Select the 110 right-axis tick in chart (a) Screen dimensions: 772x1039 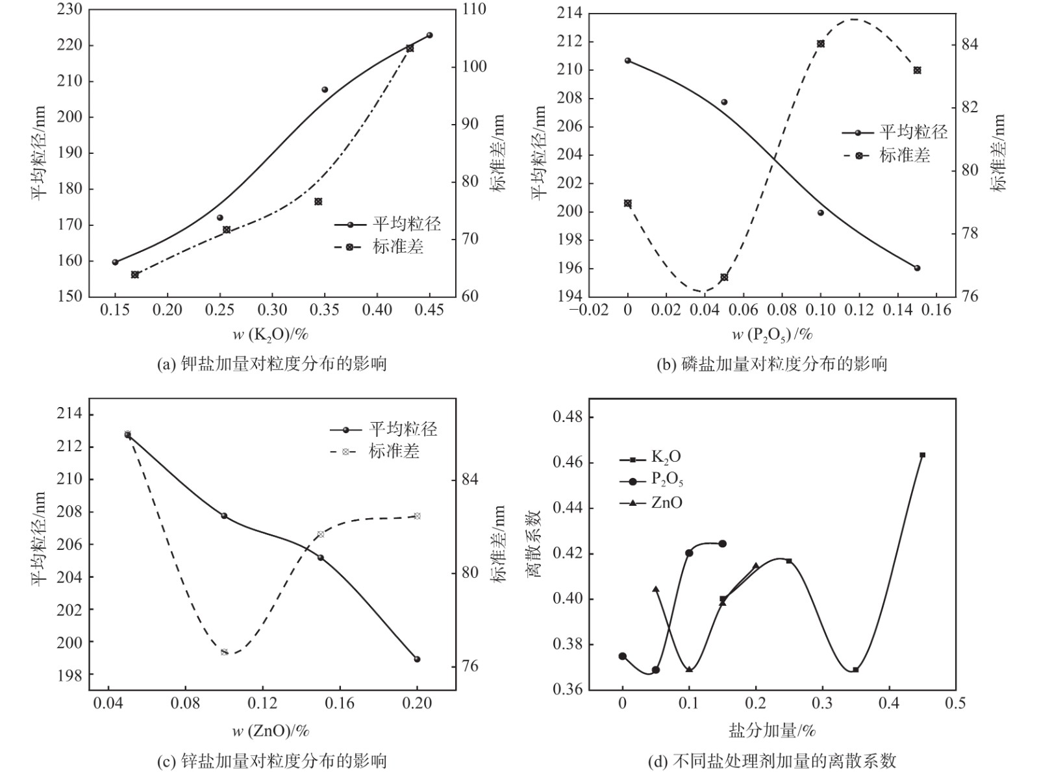(473, 10)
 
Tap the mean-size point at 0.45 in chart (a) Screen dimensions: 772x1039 (429, 35)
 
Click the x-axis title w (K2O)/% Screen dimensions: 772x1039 (270, 334)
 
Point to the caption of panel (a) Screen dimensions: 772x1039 (272, 364)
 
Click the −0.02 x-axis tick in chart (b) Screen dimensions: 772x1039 (588, 310)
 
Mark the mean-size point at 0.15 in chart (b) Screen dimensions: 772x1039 (917, 268)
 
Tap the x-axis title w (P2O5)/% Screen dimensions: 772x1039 (772, 334)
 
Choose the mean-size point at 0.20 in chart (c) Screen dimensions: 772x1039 (417, 659)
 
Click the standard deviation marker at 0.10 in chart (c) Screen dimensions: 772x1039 (224, 651)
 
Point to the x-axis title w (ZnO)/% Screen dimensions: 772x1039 (271, 730)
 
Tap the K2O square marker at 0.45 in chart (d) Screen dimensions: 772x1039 (922, 455)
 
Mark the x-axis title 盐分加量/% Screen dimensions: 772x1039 (771, 730)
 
